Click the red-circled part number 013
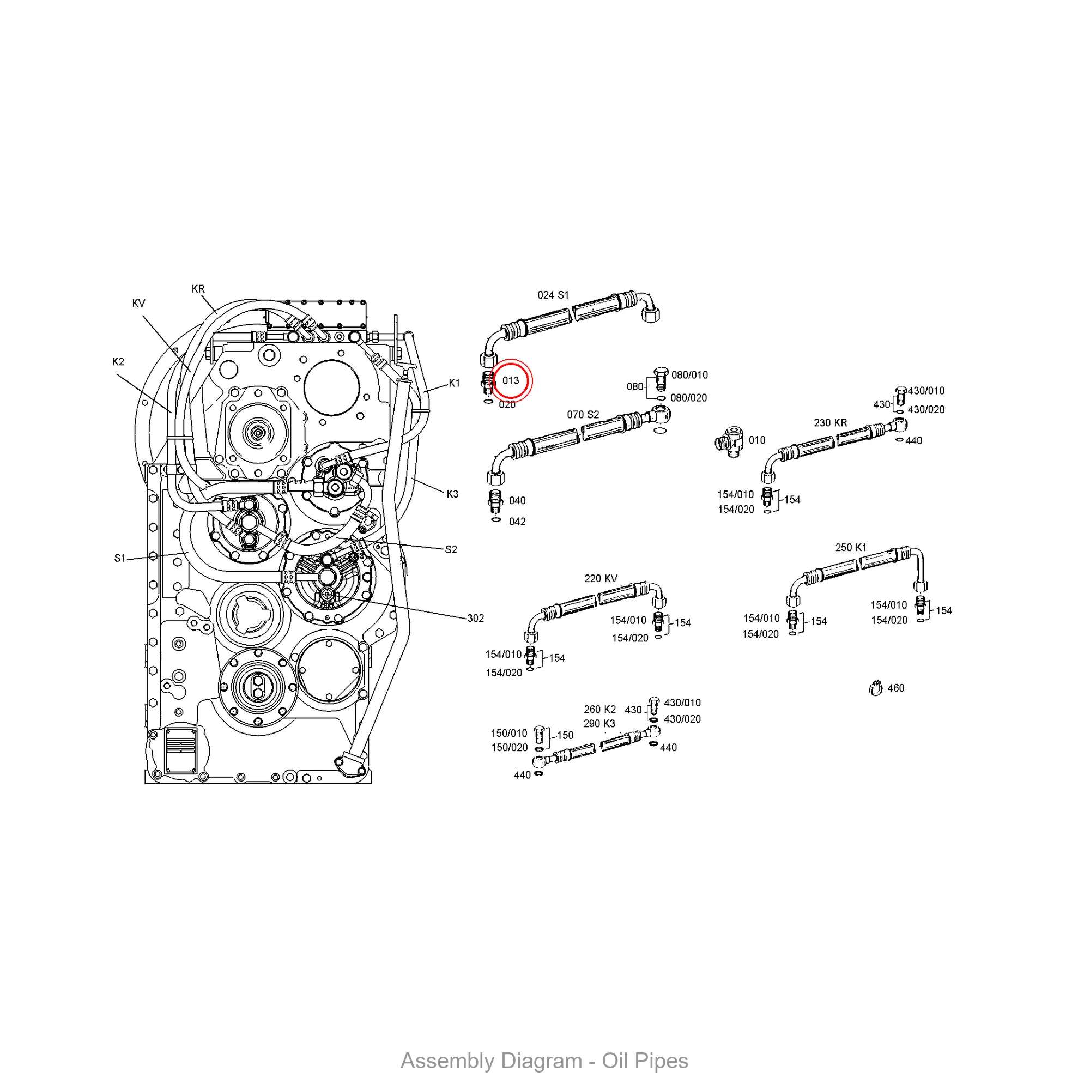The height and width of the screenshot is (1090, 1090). pyautogui.click(x=511, y=381)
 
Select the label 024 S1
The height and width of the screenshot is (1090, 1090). pyautogui.click(x=553, y=295)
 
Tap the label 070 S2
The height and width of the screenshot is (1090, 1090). pyautogui.click(x=583, y=415)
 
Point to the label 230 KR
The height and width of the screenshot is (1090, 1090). pyautogui.click(x=831, y=422)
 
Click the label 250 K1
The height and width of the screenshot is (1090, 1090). pyautogui.click(x=851, y=547)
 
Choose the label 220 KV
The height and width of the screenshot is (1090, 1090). pyautogui.click(x=601, y=578)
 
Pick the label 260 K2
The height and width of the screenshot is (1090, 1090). pyautogui.click(x=599, y=709)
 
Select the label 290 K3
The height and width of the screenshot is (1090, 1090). pyautogui.click(x=599, y=724)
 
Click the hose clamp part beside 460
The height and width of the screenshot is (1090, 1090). pyautogui.click(x=876, y=688)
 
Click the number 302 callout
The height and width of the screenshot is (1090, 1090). pyautogui.click(x=476, y=619)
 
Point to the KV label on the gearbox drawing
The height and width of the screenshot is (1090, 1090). pyautogui.click(x=139, y=304)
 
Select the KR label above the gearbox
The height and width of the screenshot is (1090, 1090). pyautogui.click(x=198, y=289)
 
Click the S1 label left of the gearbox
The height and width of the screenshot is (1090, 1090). pyautogui.click(x=119, y=559)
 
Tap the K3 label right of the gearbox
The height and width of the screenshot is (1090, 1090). pyautogui.click(x=452, y=494)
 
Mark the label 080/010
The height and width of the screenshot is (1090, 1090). pyautogui.click(x=689, y=375)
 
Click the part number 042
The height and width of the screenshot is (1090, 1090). pyautogui.click(x=517, y=522)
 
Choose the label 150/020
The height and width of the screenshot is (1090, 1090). pyautogui.click(x=510, y=748)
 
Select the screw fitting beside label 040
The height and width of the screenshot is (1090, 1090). pyautogui.click(x=495, y=500)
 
